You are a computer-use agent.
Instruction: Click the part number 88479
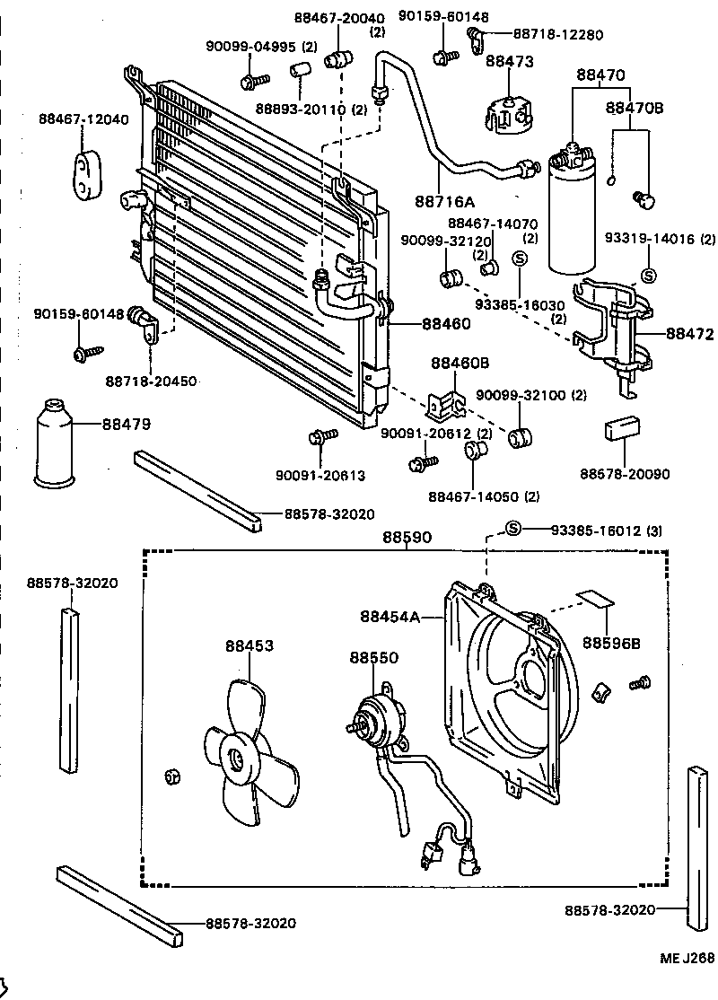click(x=126, y=423)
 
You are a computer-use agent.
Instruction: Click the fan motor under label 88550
click(x=377, y=718)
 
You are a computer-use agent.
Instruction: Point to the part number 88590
click(x=407, y=538)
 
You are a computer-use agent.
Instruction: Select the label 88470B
click(x=634, y=108)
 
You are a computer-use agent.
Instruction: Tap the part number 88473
click(x=509, y=62)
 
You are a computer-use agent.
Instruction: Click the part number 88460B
click(x=460, y=364)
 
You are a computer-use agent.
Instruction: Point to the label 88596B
click(x=612, y=643)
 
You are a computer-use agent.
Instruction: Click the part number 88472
click(x=689, y=335)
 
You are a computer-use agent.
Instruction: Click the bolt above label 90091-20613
click(x=321, y=437)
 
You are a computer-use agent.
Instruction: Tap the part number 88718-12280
click(x=557, y=34)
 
